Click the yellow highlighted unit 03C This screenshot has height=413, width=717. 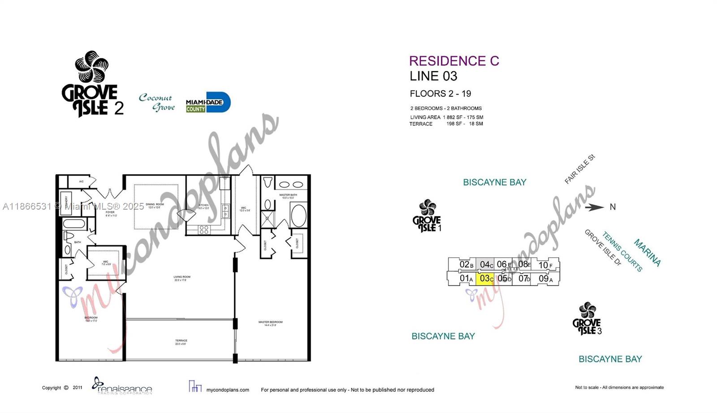pos(486,279)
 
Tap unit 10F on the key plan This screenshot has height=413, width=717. pos(545,265)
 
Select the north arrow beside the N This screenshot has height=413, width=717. pos(595,207)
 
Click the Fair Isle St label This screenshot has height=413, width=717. pos(579,169)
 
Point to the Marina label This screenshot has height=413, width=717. pos(647,253)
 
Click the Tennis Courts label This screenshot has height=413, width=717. pos(622,252)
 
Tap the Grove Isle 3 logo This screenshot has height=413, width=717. pos(587,319)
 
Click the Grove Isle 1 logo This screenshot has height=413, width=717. pos(427,216)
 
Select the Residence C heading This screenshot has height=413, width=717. pos(454,61)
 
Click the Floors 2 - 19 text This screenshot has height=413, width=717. pos(440,94)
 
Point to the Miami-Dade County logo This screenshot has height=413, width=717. pos(208,103)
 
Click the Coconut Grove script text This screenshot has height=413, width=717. pos(157,102)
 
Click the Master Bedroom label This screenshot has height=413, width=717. pos(270,323)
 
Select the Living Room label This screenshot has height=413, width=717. pos(182,278)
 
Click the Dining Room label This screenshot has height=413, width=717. pos(155,206)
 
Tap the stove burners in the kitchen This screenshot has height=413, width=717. pos(204,230)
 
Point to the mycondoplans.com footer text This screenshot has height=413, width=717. pos(227,390)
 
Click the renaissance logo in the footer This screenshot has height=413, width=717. pos(122,387)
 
